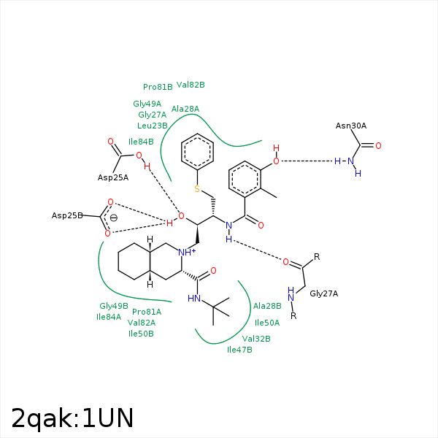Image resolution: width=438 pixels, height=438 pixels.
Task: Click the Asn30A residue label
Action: click(351, 126)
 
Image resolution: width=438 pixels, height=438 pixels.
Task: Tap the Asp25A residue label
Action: click(113, 177)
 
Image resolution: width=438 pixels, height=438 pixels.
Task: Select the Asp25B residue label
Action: click(66, 216)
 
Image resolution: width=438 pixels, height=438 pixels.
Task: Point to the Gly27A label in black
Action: click(324, 294)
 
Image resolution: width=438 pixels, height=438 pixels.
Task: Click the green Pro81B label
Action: click(158, 87)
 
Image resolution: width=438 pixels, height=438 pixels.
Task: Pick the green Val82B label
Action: click(191, 85)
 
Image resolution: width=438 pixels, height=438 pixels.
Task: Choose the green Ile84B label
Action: click(141, 142)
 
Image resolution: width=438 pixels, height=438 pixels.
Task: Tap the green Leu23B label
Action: click(153, 126)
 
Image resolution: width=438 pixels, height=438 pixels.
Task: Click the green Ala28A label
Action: click(185, 109)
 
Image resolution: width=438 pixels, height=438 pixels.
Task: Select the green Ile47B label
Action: click(239, 350)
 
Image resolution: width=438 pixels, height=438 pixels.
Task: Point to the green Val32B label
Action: click(256, 339)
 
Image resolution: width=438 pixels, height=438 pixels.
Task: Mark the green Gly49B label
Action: click(114, 306)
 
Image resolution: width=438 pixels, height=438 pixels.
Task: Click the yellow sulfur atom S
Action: click(196, 190)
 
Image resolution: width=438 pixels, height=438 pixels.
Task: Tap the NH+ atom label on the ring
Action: click(188, 253)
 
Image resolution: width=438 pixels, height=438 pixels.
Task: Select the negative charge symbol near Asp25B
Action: click(113, 218)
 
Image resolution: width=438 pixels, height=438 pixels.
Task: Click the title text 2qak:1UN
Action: click(72, 418)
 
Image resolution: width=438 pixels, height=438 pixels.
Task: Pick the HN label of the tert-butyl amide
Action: click(193, 298)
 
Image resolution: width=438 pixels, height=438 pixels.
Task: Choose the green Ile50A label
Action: click(267, 323)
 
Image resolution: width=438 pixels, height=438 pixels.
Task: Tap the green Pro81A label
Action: click(147, 312)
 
